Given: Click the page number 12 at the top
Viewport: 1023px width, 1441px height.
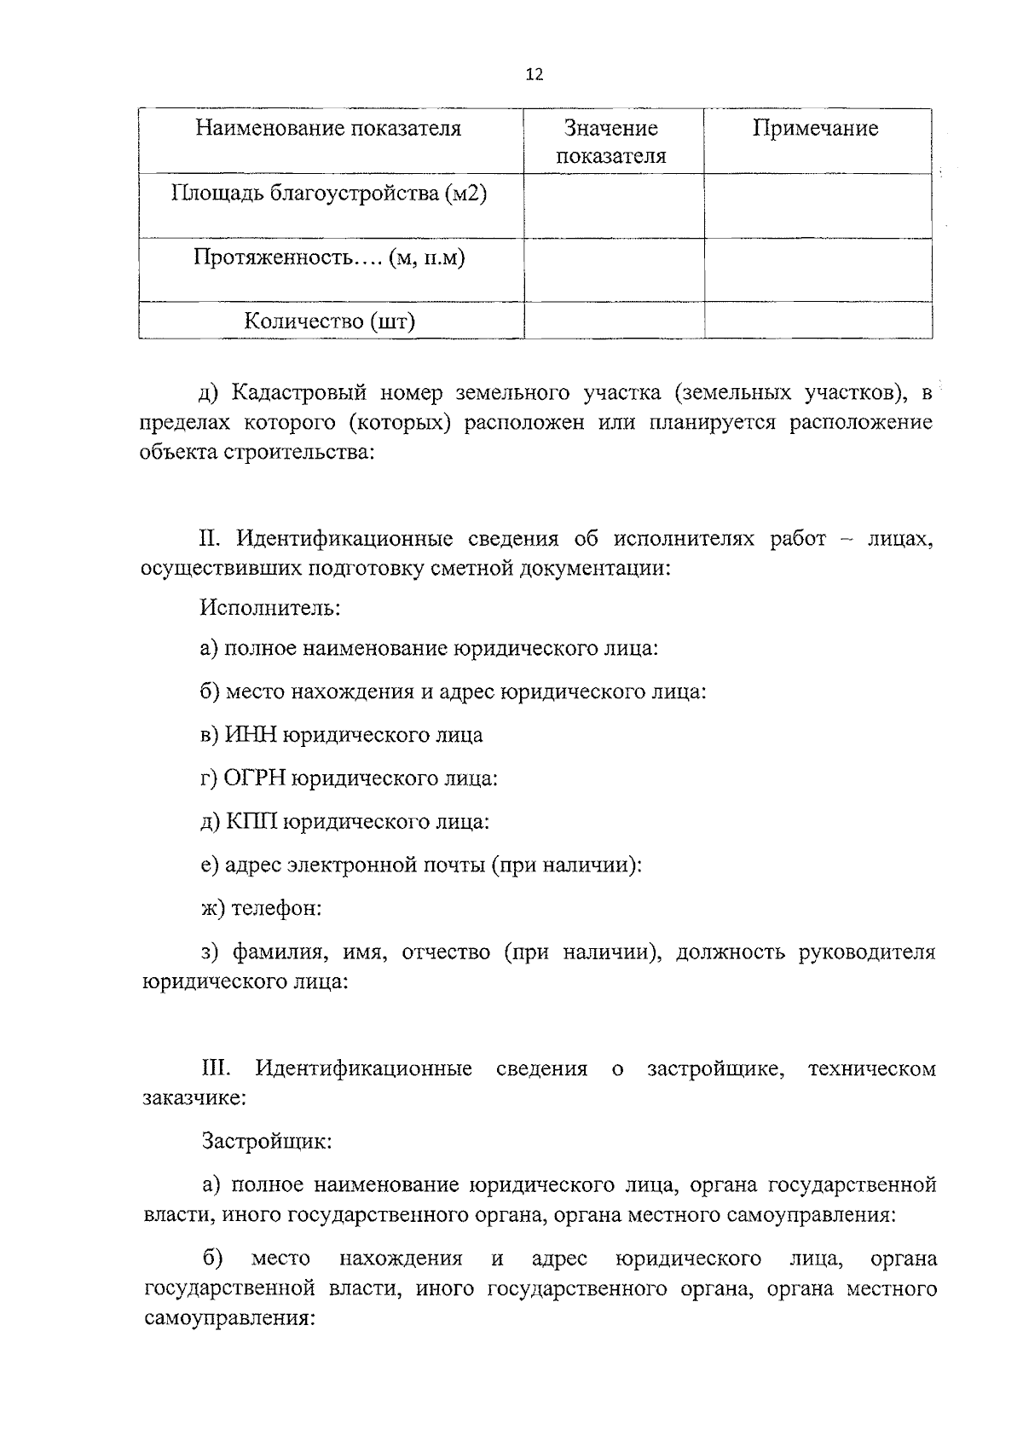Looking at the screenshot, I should pos(535,74).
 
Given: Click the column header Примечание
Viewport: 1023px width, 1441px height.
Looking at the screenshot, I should pos(815,129).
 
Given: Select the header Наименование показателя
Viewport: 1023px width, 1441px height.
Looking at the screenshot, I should pos(329,129).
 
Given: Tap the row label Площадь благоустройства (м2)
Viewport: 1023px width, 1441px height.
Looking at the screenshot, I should pos(329,194).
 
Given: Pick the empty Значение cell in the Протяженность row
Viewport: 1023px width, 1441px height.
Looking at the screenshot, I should pos(614,269).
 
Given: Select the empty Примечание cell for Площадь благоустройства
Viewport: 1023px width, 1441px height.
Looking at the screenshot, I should pos(817,205).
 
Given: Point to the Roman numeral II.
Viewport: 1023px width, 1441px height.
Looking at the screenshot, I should pos(210,539).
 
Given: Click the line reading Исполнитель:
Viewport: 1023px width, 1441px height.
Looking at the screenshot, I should pos(271,608).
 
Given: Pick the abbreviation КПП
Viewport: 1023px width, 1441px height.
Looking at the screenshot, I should pos(251,822).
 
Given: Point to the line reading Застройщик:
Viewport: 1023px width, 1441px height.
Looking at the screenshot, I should pos(267,1141).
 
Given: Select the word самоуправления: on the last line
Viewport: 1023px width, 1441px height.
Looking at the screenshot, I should pos(230,1318).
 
